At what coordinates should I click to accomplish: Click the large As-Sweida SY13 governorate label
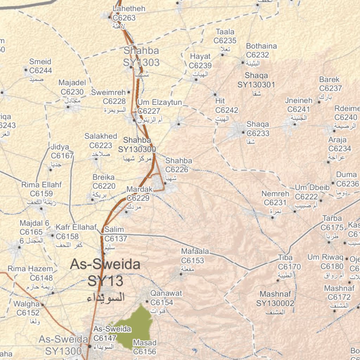(105, 272)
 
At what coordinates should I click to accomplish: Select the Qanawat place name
(166, 293)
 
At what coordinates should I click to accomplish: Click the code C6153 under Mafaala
(192, 261)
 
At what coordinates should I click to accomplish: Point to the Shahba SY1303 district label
(141, 57)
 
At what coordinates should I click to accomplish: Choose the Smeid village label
(40, 62)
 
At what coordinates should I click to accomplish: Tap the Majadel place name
(72, 83)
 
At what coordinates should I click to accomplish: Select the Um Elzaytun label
(160, 102)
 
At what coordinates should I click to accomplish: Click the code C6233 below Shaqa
(258, 133)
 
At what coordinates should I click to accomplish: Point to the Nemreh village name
(275, 194)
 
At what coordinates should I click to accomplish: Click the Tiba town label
(285, 258)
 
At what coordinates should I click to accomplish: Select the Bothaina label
(261, 46)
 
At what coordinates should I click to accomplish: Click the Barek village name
(329, 79)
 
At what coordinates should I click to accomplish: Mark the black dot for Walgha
(43, 305)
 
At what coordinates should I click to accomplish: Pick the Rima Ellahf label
(41, 185)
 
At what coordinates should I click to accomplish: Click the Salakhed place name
(101, 136)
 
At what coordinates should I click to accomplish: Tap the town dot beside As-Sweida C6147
(90, 346)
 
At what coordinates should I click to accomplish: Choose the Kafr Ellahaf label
(76, 227)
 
